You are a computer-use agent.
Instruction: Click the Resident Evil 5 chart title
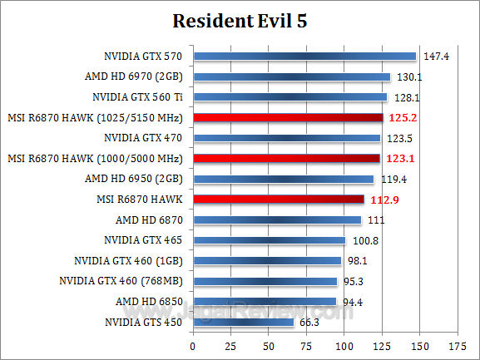point(240,21)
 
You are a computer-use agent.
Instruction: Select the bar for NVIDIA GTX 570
point(304,57)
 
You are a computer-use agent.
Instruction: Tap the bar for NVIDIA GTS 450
point(243,322)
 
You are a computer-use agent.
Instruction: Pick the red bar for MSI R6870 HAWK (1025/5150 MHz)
point(287,118)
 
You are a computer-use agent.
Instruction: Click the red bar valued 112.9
point(278,200)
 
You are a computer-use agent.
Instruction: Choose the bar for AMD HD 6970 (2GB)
point(291,77)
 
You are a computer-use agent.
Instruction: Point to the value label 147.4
point(433,57)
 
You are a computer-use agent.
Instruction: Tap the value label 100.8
point(363,240)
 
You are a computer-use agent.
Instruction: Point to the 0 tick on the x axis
point(193,345)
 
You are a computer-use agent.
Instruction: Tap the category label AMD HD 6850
point(149,301)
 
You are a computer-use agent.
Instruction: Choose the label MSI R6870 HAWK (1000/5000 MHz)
point(96,159)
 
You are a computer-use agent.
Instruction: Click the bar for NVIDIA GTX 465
point(269,240)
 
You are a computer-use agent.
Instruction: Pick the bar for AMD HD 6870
point(276,219)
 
